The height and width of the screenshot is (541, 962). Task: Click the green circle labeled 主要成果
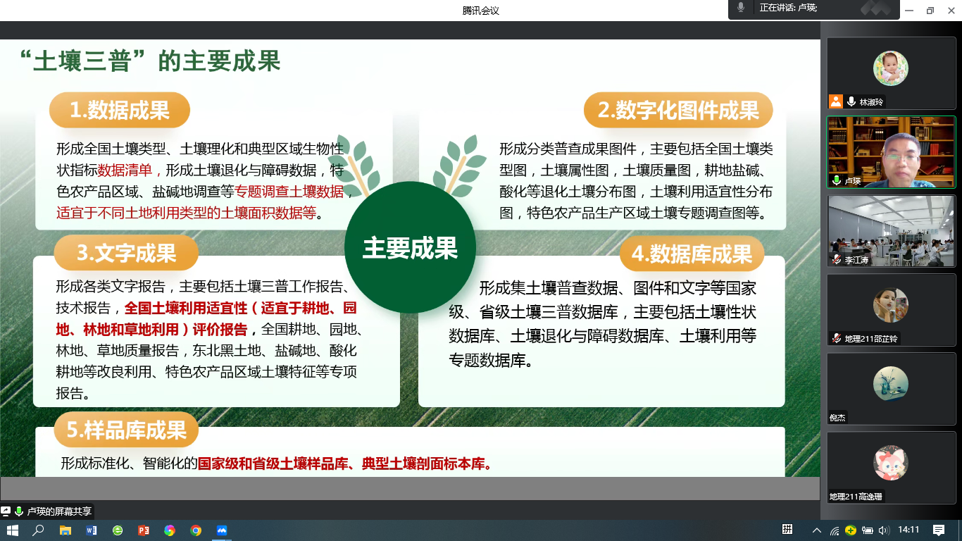410,247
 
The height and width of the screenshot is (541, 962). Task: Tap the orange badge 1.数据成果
120,110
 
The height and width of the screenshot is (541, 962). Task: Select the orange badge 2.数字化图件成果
678,110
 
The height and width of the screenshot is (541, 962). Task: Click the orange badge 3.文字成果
126,253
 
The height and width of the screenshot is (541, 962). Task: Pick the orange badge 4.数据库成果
692,254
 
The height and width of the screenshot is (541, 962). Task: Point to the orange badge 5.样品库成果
126,430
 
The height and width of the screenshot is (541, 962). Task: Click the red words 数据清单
125,170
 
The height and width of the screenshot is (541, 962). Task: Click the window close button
951,11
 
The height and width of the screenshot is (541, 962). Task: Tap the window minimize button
909,11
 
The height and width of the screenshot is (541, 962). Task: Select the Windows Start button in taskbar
13,530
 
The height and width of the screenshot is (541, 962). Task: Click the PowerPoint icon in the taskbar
144,530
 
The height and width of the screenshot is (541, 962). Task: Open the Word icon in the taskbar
91,530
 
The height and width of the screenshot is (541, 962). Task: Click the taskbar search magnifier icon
38,530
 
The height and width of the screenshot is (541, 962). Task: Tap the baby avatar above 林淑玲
891,68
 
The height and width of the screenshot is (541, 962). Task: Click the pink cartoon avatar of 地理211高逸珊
891,463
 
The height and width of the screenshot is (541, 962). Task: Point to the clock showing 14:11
908,530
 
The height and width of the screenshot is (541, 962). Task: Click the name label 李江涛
856,260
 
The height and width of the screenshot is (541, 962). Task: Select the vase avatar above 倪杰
891,384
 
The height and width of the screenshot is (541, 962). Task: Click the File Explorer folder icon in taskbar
65,530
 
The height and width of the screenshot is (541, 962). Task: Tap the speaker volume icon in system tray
884,530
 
